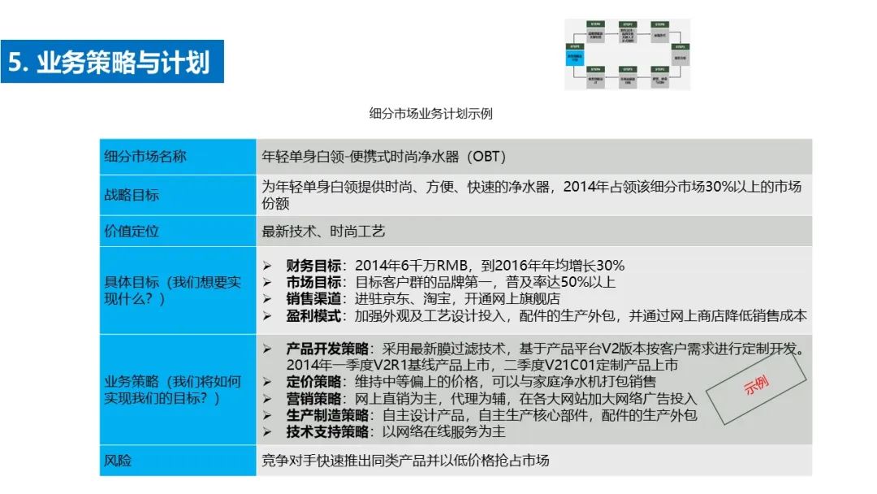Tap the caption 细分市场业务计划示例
[430, 114]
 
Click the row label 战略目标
[132, 195]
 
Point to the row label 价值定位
[132, 232]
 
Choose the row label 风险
[118, 461]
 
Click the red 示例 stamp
[756, 387]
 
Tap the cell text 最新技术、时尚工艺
[323, 232]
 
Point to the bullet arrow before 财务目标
[268, 266]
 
